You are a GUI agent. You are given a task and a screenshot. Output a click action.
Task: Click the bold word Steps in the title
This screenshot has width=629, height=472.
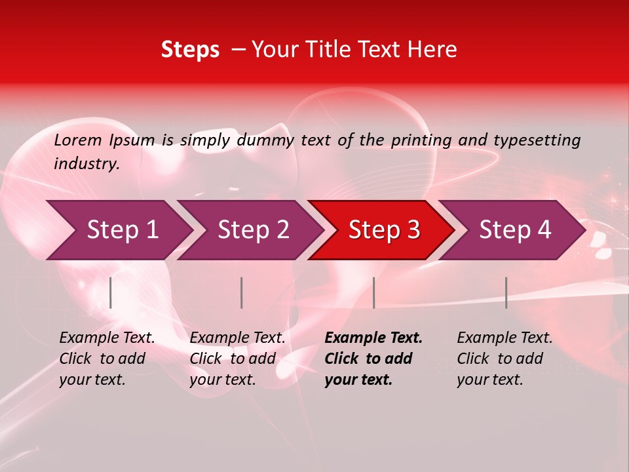(x=190, y=50)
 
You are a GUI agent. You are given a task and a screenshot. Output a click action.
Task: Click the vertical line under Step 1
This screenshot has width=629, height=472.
(x=111, y=292)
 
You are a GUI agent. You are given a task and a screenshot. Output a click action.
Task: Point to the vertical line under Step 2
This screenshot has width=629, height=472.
(x=242, y=292)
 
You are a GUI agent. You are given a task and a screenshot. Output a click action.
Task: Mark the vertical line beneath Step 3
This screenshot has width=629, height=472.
(x=373, y=292)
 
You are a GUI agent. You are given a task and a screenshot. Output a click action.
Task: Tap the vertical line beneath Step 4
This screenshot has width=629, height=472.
(x=506, y=292)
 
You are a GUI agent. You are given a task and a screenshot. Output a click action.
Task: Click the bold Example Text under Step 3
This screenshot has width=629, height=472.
(x=373, y=338)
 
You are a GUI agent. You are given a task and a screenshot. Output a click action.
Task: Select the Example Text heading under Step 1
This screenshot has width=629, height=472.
(x=107, y=338)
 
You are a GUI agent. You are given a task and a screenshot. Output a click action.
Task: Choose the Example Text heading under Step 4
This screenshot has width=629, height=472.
(x=505, y=338)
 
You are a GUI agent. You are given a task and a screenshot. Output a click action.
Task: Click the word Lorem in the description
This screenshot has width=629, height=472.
(x=78, y=140)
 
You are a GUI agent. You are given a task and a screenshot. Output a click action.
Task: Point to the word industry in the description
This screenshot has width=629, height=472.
(x=86, y=164)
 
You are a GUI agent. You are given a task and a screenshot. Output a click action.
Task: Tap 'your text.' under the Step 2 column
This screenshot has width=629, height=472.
(x=223, y=380)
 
